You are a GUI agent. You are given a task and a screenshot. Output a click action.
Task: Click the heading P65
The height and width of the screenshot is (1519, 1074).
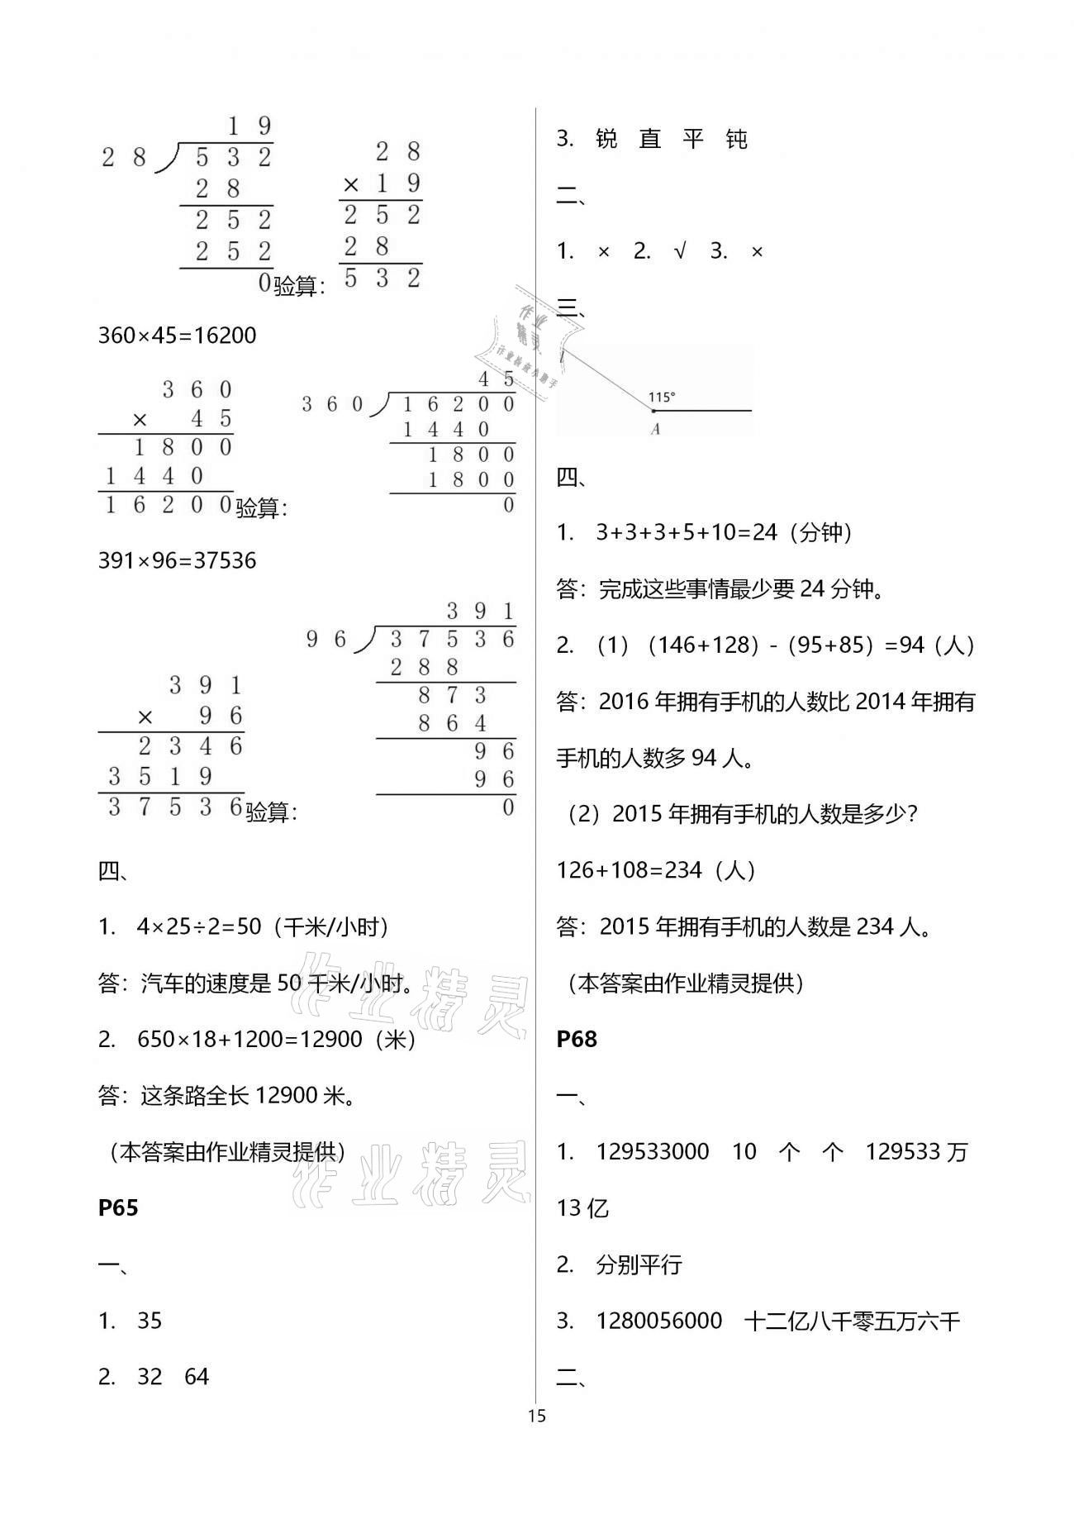coord(118,1208)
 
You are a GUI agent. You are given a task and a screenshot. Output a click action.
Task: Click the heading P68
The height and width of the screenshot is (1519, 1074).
coord(577,1039)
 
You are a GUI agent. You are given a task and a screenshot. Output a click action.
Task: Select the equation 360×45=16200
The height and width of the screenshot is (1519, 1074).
coord(177,336)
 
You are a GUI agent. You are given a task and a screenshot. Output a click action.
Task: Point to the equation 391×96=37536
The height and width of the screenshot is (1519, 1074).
coord(177,561)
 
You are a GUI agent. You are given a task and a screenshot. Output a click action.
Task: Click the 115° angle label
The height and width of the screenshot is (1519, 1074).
coord(662,398)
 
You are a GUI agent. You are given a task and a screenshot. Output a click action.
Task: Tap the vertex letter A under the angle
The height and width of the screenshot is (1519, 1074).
coord(655,430)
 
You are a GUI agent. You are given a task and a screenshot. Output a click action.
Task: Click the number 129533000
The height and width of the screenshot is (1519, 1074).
coord(653,1152)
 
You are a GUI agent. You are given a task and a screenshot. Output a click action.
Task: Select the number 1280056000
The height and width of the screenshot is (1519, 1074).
coord(658,1321)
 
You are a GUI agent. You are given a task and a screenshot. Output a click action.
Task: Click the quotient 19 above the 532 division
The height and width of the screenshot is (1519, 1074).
coord(249,126)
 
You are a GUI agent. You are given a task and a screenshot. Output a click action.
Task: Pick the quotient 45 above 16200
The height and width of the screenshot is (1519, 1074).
coord(497,379)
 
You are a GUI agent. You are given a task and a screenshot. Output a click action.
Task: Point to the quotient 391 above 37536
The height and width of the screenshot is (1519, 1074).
coord(481,612)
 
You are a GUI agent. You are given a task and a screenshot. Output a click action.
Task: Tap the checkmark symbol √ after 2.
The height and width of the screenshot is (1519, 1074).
coord(680,252)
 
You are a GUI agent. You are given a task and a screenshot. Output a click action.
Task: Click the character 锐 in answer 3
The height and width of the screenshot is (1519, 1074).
coord(606,140)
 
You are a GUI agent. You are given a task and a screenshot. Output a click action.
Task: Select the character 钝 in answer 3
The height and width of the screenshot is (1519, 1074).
coord(736,140)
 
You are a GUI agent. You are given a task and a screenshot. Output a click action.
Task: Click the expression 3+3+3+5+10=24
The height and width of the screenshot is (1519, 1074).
coord(687,532)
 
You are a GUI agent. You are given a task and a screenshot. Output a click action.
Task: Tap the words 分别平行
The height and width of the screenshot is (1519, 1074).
coord(639,1265)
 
